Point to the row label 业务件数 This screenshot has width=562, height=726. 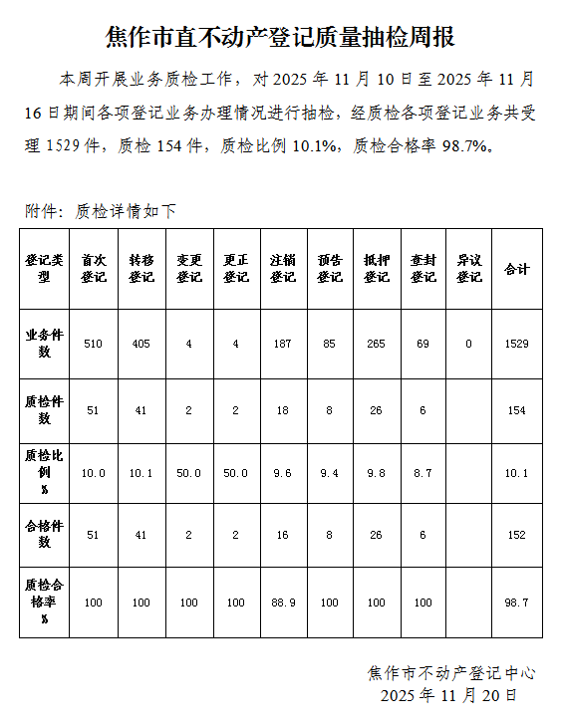(x=44, y=344)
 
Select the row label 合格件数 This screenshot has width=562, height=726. (x=44, y=535)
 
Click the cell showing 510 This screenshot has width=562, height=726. (x=94, y=344)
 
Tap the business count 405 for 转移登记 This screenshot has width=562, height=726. (x=140, y=344)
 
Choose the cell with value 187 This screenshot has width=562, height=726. (x=282, y=344)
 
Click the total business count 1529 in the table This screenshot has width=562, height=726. (x=517, y=344)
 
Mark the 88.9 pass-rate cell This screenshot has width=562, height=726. (x=282, y=603)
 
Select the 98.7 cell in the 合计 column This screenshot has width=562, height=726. (x=517, y=603)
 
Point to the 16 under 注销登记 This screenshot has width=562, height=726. (x=282, y=535)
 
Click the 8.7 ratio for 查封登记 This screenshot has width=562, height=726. (x=423, y=473)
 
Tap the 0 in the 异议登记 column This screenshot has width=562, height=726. (x=469, y=344)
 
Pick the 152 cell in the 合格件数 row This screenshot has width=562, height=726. (x=517, y=535)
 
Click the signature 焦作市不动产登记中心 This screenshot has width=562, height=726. (x=451, y=673)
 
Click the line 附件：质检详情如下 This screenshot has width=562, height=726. (x=101, y=211)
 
